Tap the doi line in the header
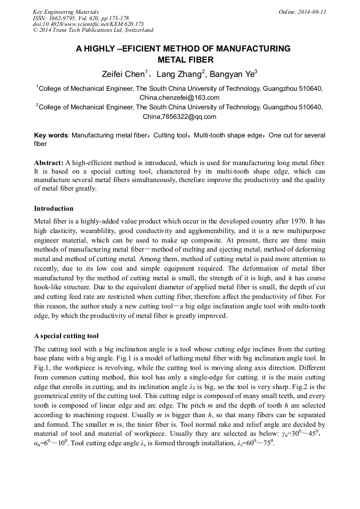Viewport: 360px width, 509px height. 88,24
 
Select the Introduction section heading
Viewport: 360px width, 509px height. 54,209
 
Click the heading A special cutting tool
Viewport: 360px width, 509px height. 66,336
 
